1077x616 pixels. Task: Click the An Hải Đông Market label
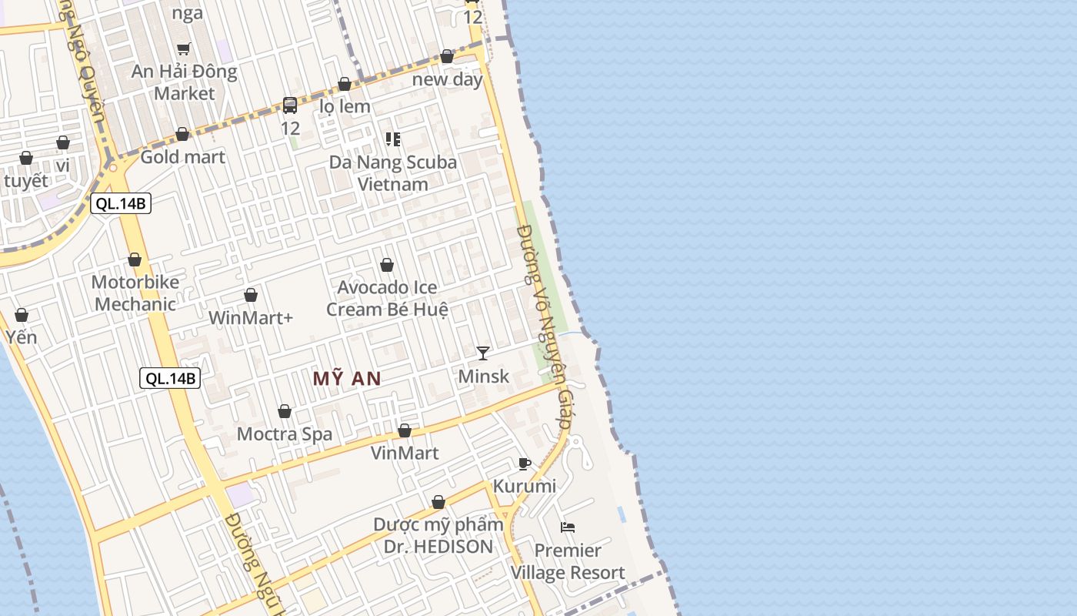click(x=184, y=82)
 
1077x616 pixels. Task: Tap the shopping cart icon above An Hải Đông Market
click(x=184, y=49)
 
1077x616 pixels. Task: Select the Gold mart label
click(x=182, y=157)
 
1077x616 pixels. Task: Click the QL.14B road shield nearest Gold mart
click(x=121, y=204)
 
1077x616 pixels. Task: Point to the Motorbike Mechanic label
click(x=135, y=293)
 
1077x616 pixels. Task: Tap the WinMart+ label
click(x=251, y=317)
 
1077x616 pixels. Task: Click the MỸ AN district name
click(x=347, y=378)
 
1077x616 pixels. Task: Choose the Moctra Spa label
click(x=285, y=434)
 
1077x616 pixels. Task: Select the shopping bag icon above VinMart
click(x=405, y=430)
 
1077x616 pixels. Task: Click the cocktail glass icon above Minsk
click(x=483, y=353)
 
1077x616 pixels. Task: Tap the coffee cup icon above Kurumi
click(x=525, y=464)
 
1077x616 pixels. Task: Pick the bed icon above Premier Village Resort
click(x=568, y=527)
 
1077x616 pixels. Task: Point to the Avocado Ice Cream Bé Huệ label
click(x=387, y=298)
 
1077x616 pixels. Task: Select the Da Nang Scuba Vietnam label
click(x=393, y=173)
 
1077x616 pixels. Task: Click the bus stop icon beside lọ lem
click(x=290, y=105)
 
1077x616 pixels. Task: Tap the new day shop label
click(x=448, y=79)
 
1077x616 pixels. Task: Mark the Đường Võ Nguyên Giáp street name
click(x=545, y=326)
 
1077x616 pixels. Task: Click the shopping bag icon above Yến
click(x=22, y=315)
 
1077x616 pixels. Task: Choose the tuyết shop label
click(x=26, y=181)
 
